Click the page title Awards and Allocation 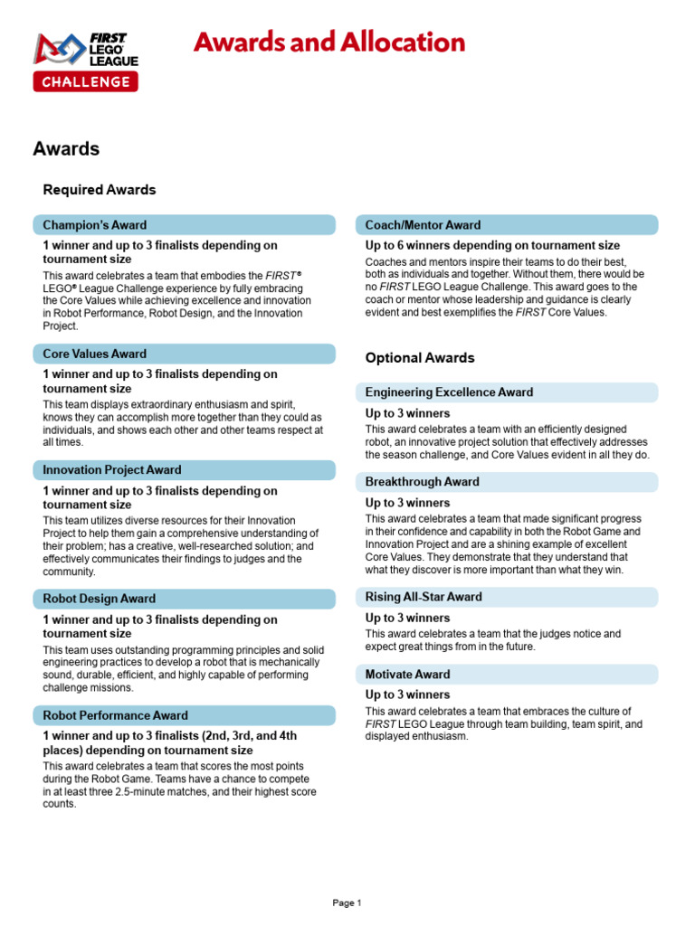[x=329, y=43]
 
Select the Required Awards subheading [x=100, y=190]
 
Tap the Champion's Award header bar [x=184, y=225]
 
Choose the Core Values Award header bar [x=184, y=354]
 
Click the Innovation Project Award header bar [x=184, y=470]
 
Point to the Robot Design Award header [x=184, y=599]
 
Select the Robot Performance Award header [x=184, y=715]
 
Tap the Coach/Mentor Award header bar [x=507, y=225]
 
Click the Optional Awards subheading [x=420, y=358]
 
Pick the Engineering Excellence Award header [x=507, y=392]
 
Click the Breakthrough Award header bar [x=507, y=482]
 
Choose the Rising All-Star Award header [x=507, y=597]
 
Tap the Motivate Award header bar [x=507, y=675]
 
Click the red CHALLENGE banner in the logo [x=86, y=82]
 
